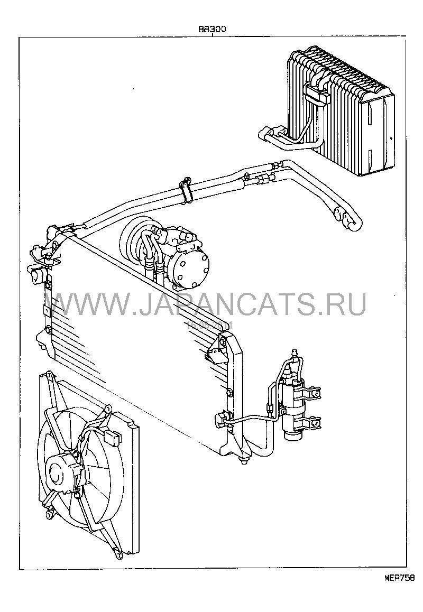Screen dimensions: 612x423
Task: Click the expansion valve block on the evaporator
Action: (317, 95)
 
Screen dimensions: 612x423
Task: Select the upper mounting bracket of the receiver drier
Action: (312, 394)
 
